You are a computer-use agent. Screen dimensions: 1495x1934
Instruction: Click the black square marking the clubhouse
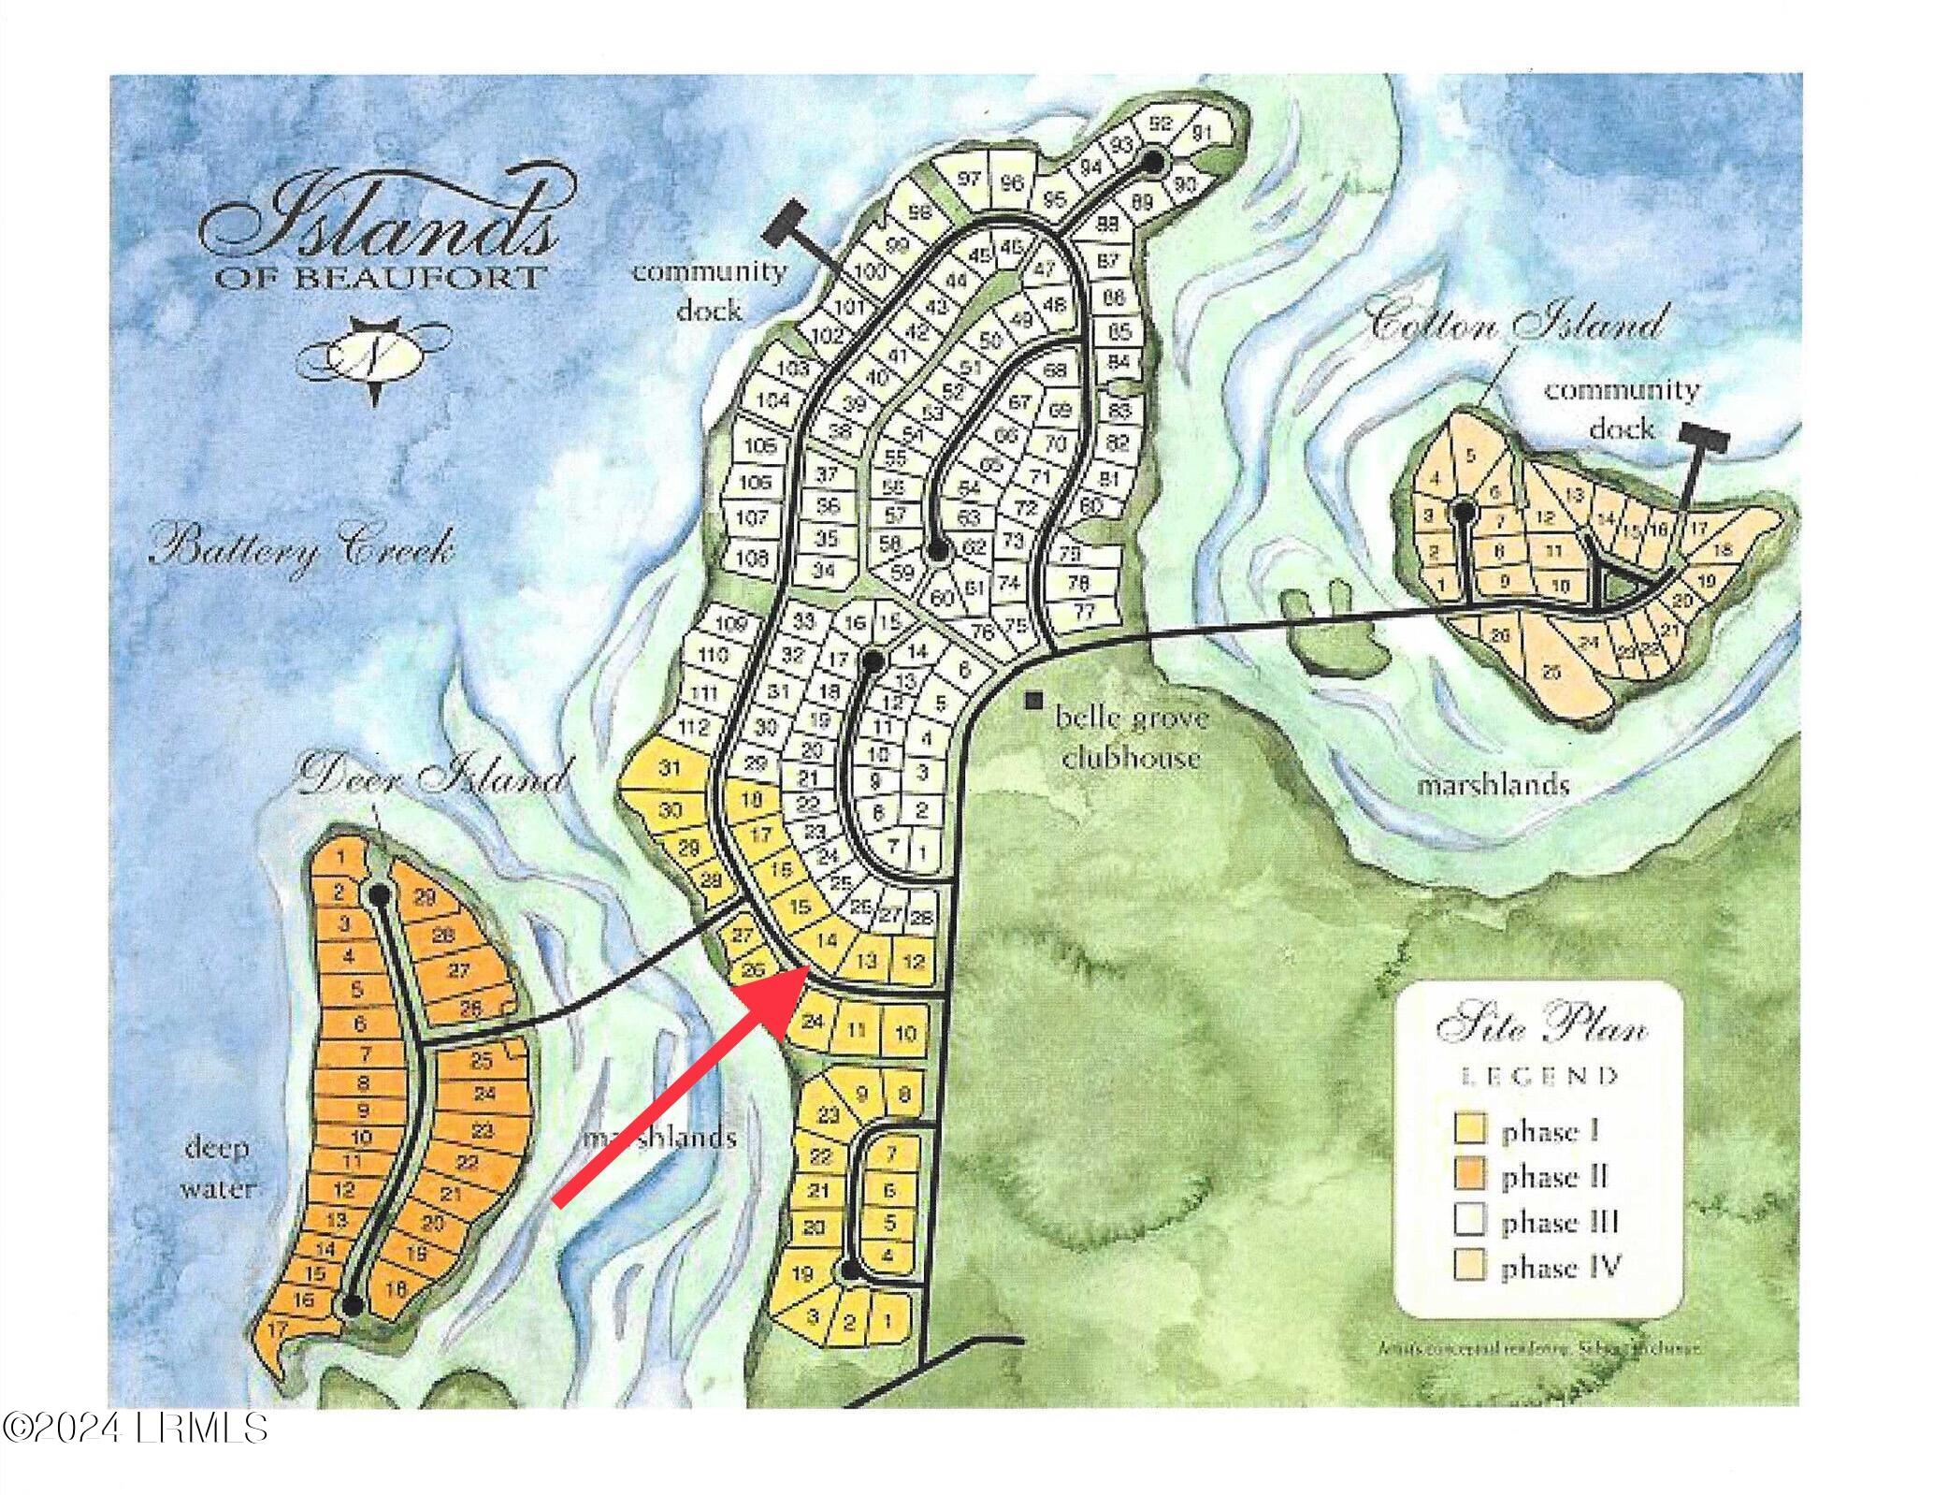click(1035, 699)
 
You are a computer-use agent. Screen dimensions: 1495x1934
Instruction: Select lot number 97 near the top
click(970, 180)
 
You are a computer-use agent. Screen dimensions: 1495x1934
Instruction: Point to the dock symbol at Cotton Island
click(1703, 434)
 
